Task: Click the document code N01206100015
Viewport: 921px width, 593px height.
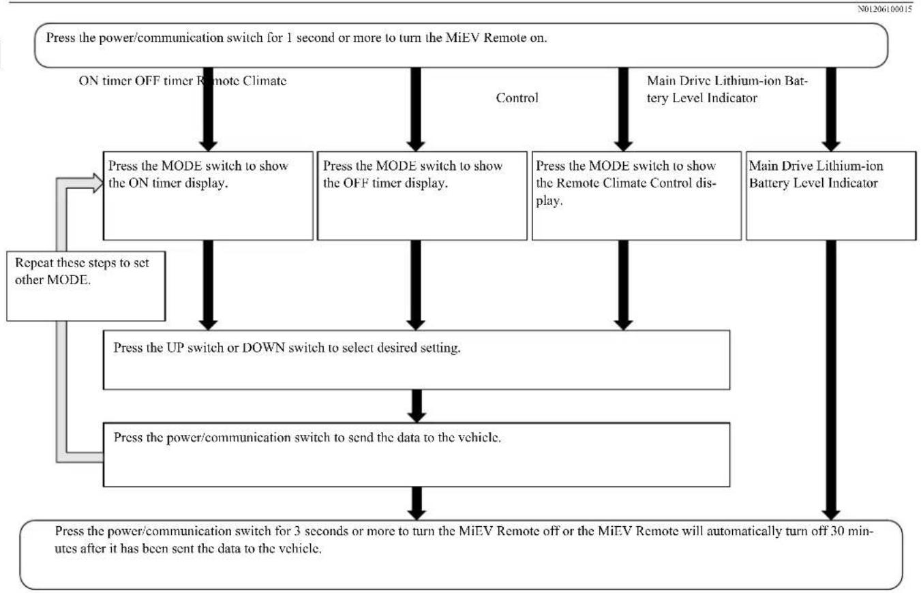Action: coord(884,9)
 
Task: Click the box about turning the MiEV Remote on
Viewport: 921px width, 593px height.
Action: coord(461,45)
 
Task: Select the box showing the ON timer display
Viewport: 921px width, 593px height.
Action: coord(208,196)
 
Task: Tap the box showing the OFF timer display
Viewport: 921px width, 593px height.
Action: coord(422,196)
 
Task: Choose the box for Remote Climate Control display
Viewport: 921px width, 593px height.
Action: coord(637,196)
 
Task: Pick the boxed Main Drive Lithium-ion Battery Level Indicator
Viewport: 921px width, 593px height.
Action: coord(831,196)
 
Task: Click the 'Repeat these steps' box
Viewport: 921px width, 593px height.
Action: coord(86,286)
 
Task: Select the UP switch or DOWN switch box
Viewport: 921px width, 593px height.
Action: coord(417,360)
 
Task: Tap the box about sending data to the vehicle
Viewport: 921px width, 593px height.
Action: coord(417,455)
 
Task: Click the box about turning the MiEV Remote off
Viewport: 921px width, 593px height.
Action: coord(461,555)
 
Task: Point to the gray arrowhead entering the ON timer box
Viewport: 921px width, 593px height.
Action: coord(98,183)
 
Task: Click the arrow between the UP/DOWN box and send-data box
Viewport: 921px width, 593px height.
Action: coord(417,406)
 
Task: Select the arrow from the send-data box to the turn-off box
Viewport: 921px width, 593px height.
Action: coord(417,503)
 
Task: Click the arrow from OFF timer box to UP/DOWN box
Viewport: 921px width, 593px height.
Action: coord(416,285)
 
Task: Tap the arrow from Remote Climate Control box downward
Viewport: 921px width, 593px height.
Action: coord(623,285)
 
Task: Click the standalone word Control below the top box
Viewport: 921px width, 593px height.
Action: coord(517,98)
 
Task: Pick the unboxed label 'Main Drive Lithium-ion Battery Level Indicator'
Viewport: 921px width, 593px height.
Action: coord(727,89)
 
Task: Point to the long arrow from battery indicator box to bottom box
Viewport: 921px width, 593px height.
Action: coord(831,380)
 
